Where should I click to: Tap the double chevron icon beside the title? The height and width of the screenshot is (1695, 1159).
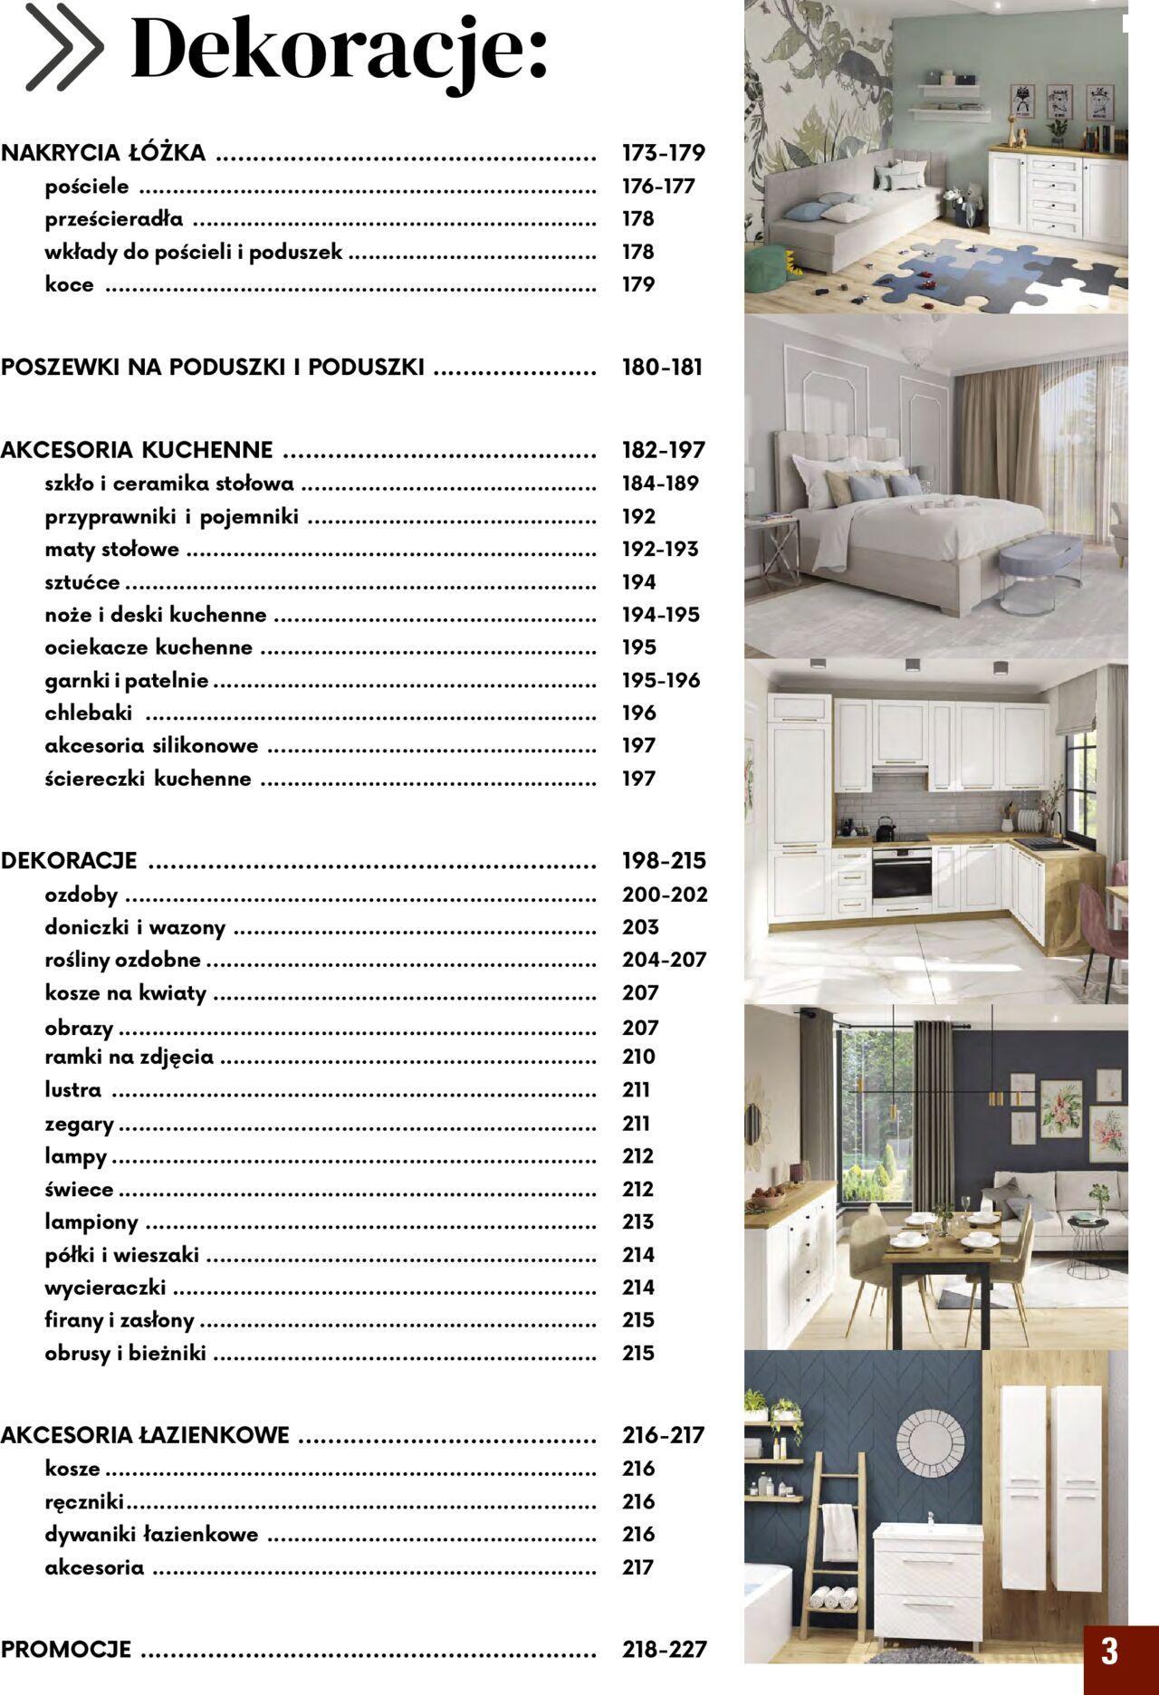(x=63, y=47)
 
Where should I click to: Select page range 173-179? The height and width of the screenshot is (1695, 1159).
(x=663, y=153)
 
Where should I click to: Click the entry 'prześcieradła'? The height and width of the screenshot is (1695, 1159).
(x=114, y=219)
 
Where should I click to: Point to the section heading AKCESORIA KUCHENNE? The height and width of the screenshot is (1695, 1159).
(x=137, y=450)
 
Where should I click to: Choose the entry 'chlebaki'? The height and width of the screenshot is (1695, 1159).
(x=89, y=713)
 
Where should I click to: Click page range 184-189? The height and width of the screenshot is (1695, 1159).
(x=660, y=484)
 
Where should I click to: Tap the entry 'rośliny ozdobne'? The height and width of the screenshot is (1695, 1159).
(x=123, y=960)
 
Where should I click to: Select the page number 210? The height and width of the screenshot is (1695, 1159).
(x=638, y=1057)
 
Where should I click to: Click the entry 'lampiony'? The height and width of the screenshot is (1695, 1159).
(x=91, y=1222)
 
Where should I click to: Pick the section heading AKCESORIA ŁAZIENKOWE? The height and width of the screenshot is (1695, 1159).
(x=145, y=1435)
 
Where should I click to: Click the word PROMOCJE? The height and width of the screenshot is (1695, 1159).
(x=66, y=1650)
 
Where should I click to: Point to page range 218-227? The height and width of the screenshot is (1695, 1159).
(x=664, y=1650)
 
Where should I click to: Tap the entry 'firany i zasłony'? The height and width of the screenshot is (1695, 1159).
(x=120, y=1320)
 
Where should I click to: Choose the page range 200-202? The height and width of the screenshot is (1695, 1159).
(x=665, y=895)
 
